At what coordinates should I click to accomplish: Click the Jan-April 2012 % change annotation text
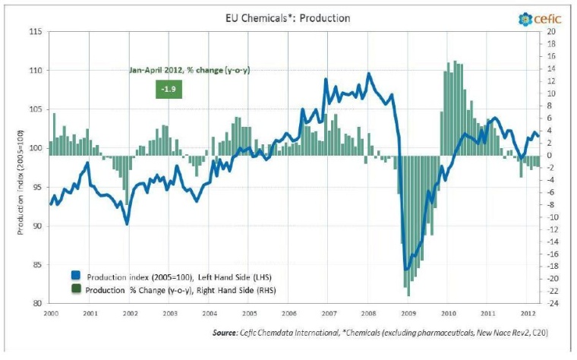(x=189, y=70)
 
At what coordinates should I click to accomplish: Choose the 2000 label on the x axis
(x=51, y=313)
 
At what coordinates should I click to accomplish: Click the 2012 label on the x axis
(x=525, y=313)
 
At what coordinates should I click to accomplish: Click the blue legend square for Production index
(x=75, y=276)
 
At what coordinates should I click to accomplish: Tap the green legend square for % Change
(x=75, y=289)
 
